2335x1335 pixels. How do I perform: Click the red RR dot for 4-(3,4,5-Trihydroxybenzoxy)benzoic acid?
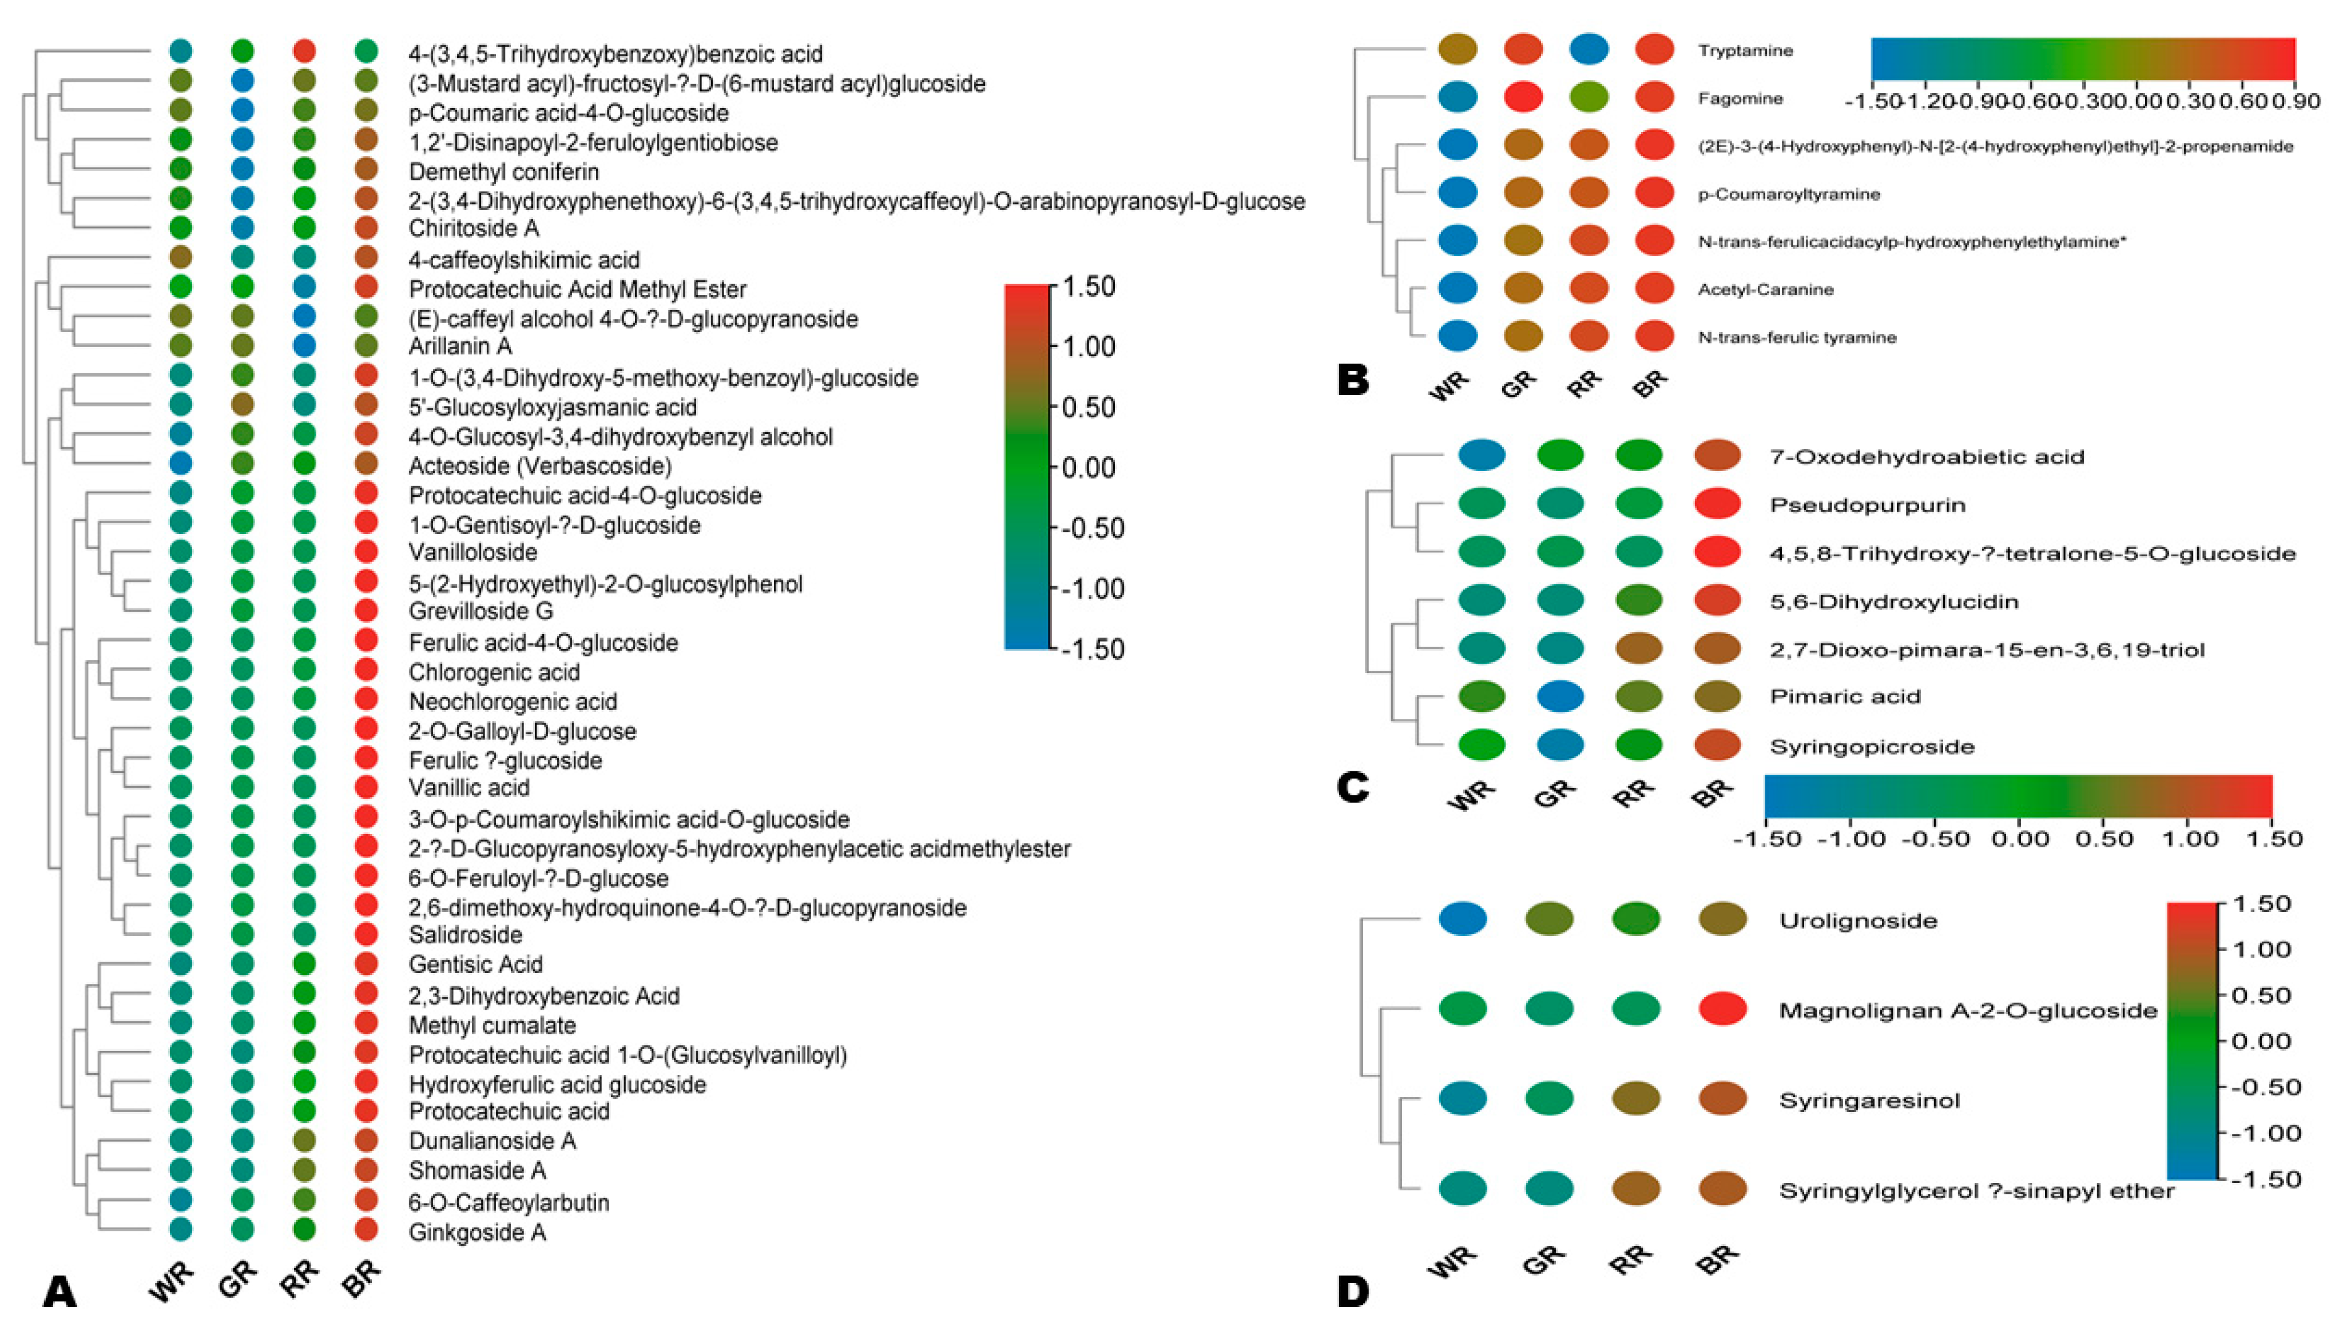(304, 51)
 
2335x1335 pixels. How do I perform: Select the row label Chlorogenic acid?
(494, 672)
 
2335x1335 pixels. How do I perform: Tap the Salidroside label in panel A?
(465, 934)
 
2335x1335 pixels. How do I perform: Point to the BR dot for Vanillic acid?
(366, 787)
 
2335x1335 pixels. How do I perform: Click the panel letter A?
(59, 1293)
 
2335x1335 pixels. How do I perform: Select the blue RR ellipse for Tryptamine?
(1589, 50)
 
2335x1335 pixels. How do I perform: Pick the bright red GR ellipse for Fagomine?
(1522, 97)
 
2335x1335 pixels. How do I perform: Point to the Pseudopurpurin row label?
(1867, 504)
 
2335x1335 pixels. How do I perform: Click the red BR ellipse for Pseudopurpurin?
(1717, 503)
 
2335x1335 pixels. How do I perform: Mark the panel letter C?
(1353, 787)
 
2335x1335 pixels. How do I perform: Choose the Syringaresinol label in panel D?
(1869, 1100)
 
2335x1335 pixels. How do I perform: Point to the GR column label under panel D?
(1543, 1262)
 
